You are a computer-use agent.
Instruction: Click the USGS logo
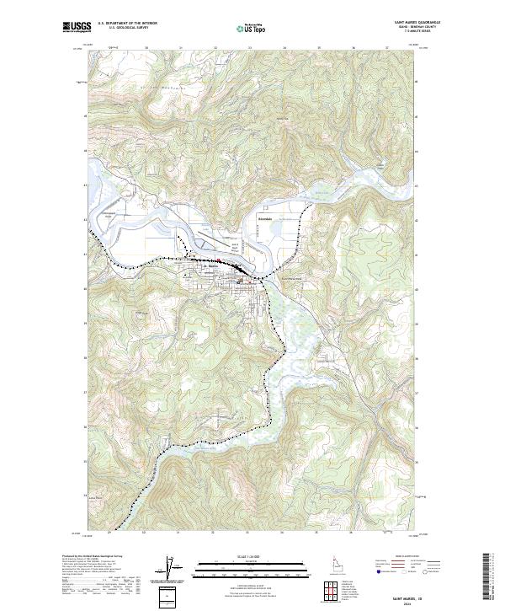tap(73, 28)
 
